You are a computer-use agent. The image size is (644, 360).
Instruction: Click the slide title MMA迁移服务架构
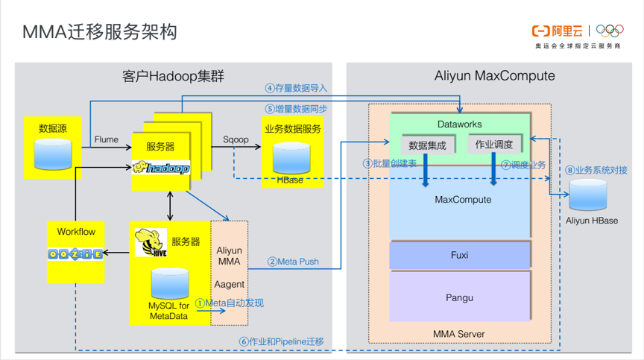[x=99, y=32]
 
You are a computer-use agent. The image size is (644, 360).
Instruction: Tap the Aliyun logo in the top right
[x=558, y=31]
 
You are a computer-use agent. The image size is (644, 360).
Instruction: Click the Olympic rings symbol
[x=610, y=31]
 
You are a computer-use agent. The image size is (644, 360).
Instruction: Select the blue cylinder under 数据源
[x=54, y=152]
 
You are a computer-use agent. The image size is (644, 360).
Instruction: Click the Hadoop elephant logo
[x=161, y=168]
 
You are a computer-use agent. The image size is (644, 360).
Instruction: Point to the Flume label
[x=107, y=139]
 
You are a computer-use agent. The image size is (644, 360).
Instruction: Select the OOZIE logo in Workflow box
[x=75, y=254]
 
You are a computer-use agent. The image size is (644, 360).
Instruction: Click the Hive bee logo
[x=151, y=243]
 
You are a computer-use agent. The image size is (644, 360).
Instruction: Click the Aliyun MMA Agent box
[x=229, y=272]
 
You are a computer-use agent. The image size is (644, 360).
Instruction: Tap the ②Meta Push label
[x=293, y=262]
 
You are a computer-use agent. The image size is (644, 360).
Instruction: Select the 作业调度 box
[x=495, y=145]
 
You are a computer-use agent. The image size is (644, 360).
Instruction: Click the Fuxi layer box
[x=460, y=255]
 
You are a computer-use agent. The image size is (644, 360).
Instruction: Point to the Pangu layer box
[x=460, y=297]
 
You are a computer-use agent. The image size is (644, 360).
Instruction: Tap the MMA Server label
[x=459, y=333]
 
